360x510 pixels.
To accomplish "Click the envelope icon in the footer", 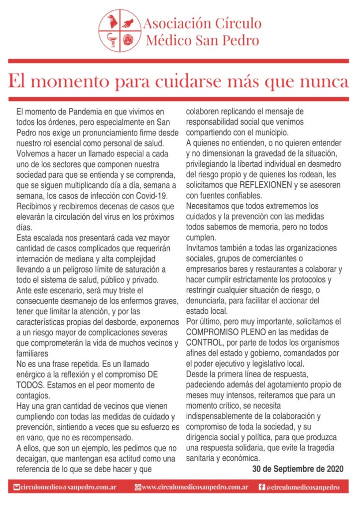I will [x=17, y=488].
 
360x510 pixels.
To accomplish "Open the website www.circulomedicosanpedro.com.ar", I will [x=195, y=488].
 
